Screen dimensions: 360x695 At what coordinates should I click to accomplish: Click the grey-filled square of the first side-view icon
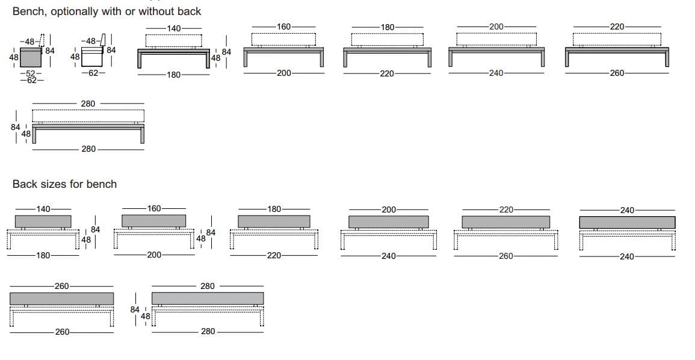30,58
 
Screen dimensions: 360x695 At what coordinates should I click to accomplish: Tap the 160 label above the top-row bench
283,26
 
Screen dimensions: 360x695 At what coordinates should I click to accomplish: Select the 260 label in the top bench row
617,73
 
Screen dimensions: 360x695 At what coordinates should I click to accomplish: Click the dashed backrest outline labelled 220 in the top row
617,39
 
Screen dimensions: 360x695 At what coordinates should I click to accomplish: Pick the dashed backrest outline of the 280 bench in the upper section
88,116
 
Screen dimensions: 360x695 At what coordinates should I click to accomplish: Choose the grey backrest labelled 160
153,220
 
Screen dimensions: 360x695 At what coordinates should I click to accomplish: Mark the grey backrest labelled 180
273,221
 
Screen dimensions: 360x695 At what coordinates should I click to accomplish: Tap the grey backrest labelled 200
389,222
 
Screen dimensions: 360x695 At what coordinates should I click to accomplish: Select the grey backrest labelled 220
505,222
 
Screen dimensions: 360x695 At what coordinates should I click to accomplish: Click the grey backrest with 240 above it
627,222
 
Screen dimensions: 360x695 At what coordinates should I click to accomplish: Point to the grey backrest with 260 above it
62,298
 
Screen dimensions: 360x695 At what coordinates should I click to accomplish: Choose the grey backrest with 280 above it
208,298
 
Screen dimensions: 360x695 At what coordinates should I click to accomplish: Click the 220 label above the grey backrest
506,209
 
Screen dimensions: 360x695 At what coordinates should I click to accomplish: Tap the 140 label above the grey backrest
44,209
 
